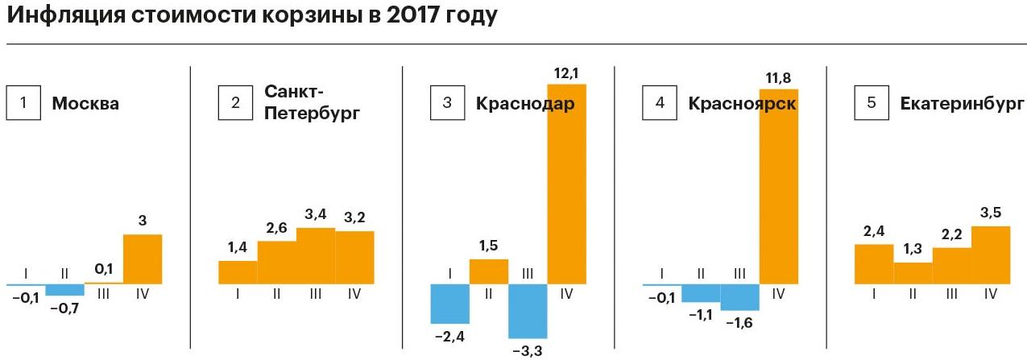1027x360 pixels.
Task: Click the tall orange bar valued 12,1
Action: [x=566, y=184]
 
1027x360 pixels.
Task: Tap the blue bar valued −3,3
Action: [x=528, y=311]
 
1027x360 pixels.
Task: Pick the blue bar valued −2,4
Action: [x=449, y=303]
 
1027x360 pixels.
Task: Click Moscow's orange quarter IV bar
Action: [x=143, y=259]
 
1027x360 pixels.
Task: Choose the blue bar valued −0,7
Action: [x=64, y=289]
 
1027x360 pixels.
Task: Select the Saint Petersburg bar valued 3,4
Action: [x=316, y=255]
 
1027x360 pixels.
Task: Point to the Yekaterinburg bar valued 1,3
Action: [x=913, y=273]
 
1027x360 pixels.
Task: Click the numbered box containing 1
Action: [x=24, y=103]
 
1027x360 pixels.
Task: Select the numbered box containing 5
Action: [x=872, y=103]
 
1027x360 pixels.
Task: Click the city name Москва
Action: [x=85, y=104]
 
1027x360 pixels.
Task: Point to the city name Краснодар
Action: [x=524, y=104]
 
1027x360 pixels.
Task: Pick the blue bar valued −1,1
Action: [x=700, y=292]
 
